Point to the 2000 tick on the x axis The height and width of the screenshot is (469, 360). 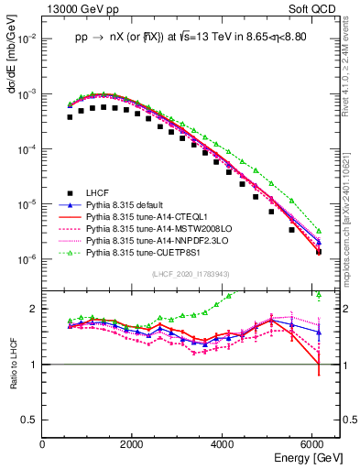133,445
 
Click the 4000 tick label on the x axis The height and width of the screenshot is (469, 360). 224,445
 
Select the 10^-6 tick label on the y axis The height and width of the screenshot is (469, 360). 27,259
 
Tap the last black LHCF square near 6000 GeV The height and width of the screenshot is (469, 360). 318,251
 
